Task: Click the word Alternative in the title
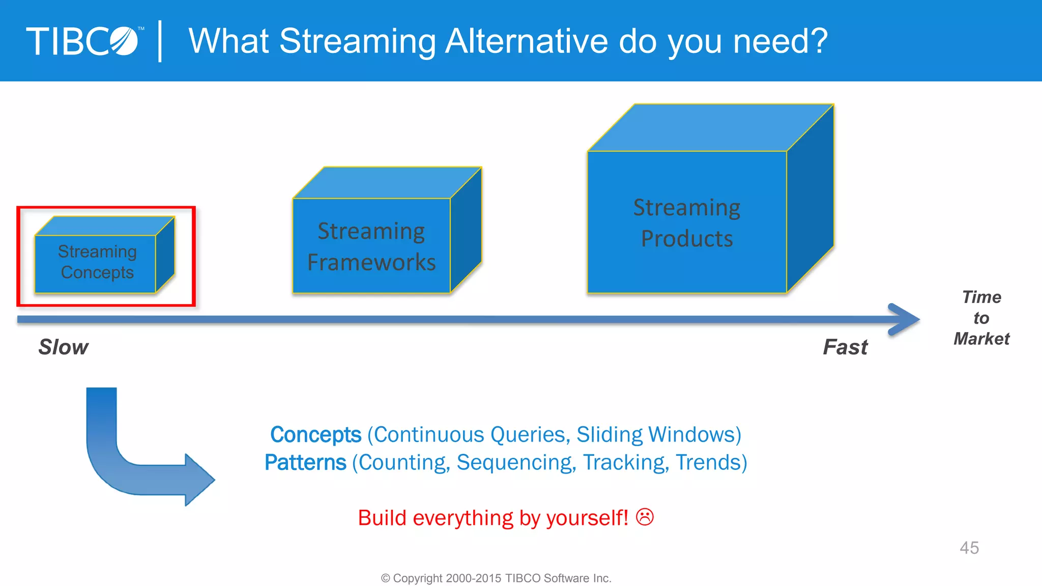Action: pyautogui.click(x=526, y=41)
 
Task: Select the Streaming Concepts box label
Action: pyautogui.click(x=97, y=262)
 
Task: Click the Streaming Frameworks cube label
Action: pyautogui.click(x=371, y=247)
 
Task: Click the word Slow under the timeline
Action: pyautogui.click(x=64, y=347)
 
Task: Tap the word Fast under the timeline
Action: pyautogui.click(x=845, y=347)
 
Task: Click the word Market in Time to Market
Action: pyautogui.click(x=981, y=339)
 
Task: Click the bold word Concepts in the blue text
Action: pyautogui.click(x=315, y=435)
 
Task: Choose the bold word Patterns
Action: pyautogui.click(x=305, y=463)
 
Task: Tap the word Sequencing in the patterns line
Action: pyautogui.click(x=515, y=463)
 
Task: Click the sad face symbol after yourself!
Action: pyautogui.click(x=645, y=517)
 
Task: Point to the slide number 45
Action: pyautogui.click(x=969, y=548)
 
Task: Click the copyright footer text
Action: pyautogui.click(x=496, y=578)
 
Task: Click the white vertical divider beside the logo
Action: pyautogui.click(x=160, y=41)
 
